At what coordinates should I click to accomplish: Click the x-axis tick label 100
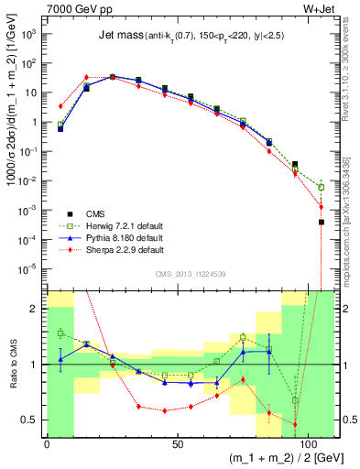point(305,443)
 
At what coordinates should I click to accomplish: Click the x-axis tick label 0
point(47,443)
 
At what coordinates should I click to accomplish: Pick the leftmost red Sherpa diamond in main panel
point(60,106)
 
